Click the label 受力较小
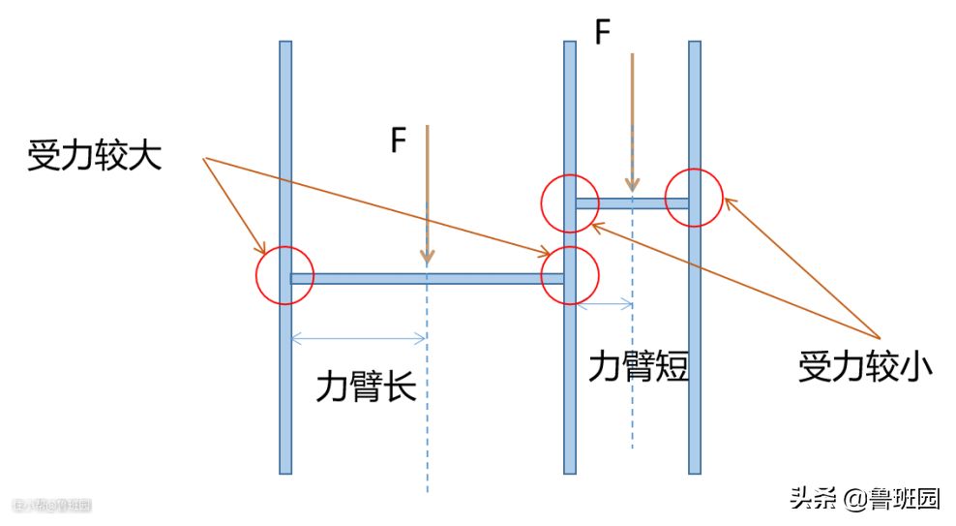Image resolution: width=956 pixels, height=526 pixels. [x=865, y=368]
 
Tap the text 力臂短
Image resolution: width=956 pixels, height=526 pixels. [x=639, y=366]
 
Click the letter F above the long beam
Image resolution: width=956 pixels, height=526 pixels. [x=398, y=140]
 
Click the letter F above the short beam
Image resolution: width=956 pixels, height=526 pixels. [x=602, y=34]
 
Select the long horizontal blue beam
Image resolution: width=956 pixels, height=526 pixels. [x=427, y=278]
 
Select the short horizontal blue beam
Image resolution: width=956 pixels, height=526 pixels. [x=632, y=203]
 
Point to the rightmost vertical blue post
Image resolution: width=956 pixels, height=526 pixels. [x=695, y=339]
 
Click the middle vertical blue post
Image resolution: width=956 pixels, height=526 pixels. [x=570, y=387]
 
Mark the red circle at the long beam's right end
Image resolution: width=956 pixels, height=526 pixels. [x=570, y=276]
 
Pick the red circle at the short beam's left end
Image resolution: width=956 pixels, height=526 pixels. [x=571, y=203]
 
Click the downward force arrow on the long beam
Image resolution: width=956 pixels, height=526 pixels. [x=427, y=194]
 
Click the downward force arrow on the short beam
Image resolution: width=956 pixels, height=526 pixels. [x=632, y=121]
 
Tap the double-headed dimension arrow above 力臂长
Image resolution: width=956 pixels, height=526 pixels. [x=358, y=338]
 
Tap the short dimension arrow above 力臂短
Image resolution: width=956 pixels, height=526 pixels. [x=605, y=305]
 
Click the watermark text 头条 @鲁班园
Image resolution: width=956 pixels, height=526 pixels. [x=864, y=499]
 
